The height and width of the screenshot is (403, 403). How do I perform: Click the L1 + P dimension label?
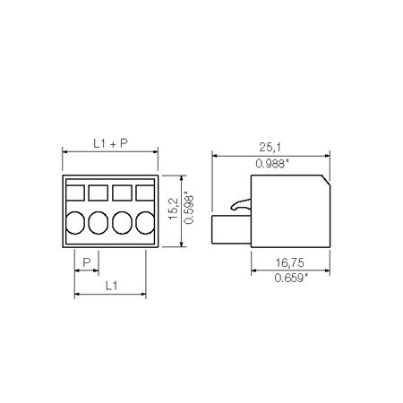point(109,143)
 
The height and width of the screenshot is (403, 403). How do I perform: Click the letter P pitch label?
point(86,262)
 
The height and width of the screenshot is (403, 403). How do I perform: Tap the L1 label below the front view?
point(109,285)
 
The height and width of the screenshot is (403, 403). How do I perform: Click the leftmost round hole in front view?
point(76,222)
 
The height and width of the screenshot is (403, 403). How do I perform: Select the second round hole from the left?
point(99,222)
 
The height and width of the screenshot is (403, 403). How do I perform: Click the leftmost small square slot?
point(76,192)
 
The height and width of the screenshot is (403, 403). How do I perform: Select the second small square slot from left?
point(99,192)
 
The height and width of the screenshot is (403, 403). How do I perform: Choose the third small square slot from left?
point(121,192)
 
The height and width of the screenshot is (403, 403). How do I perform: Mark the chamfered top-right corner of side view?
point(322,182)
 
